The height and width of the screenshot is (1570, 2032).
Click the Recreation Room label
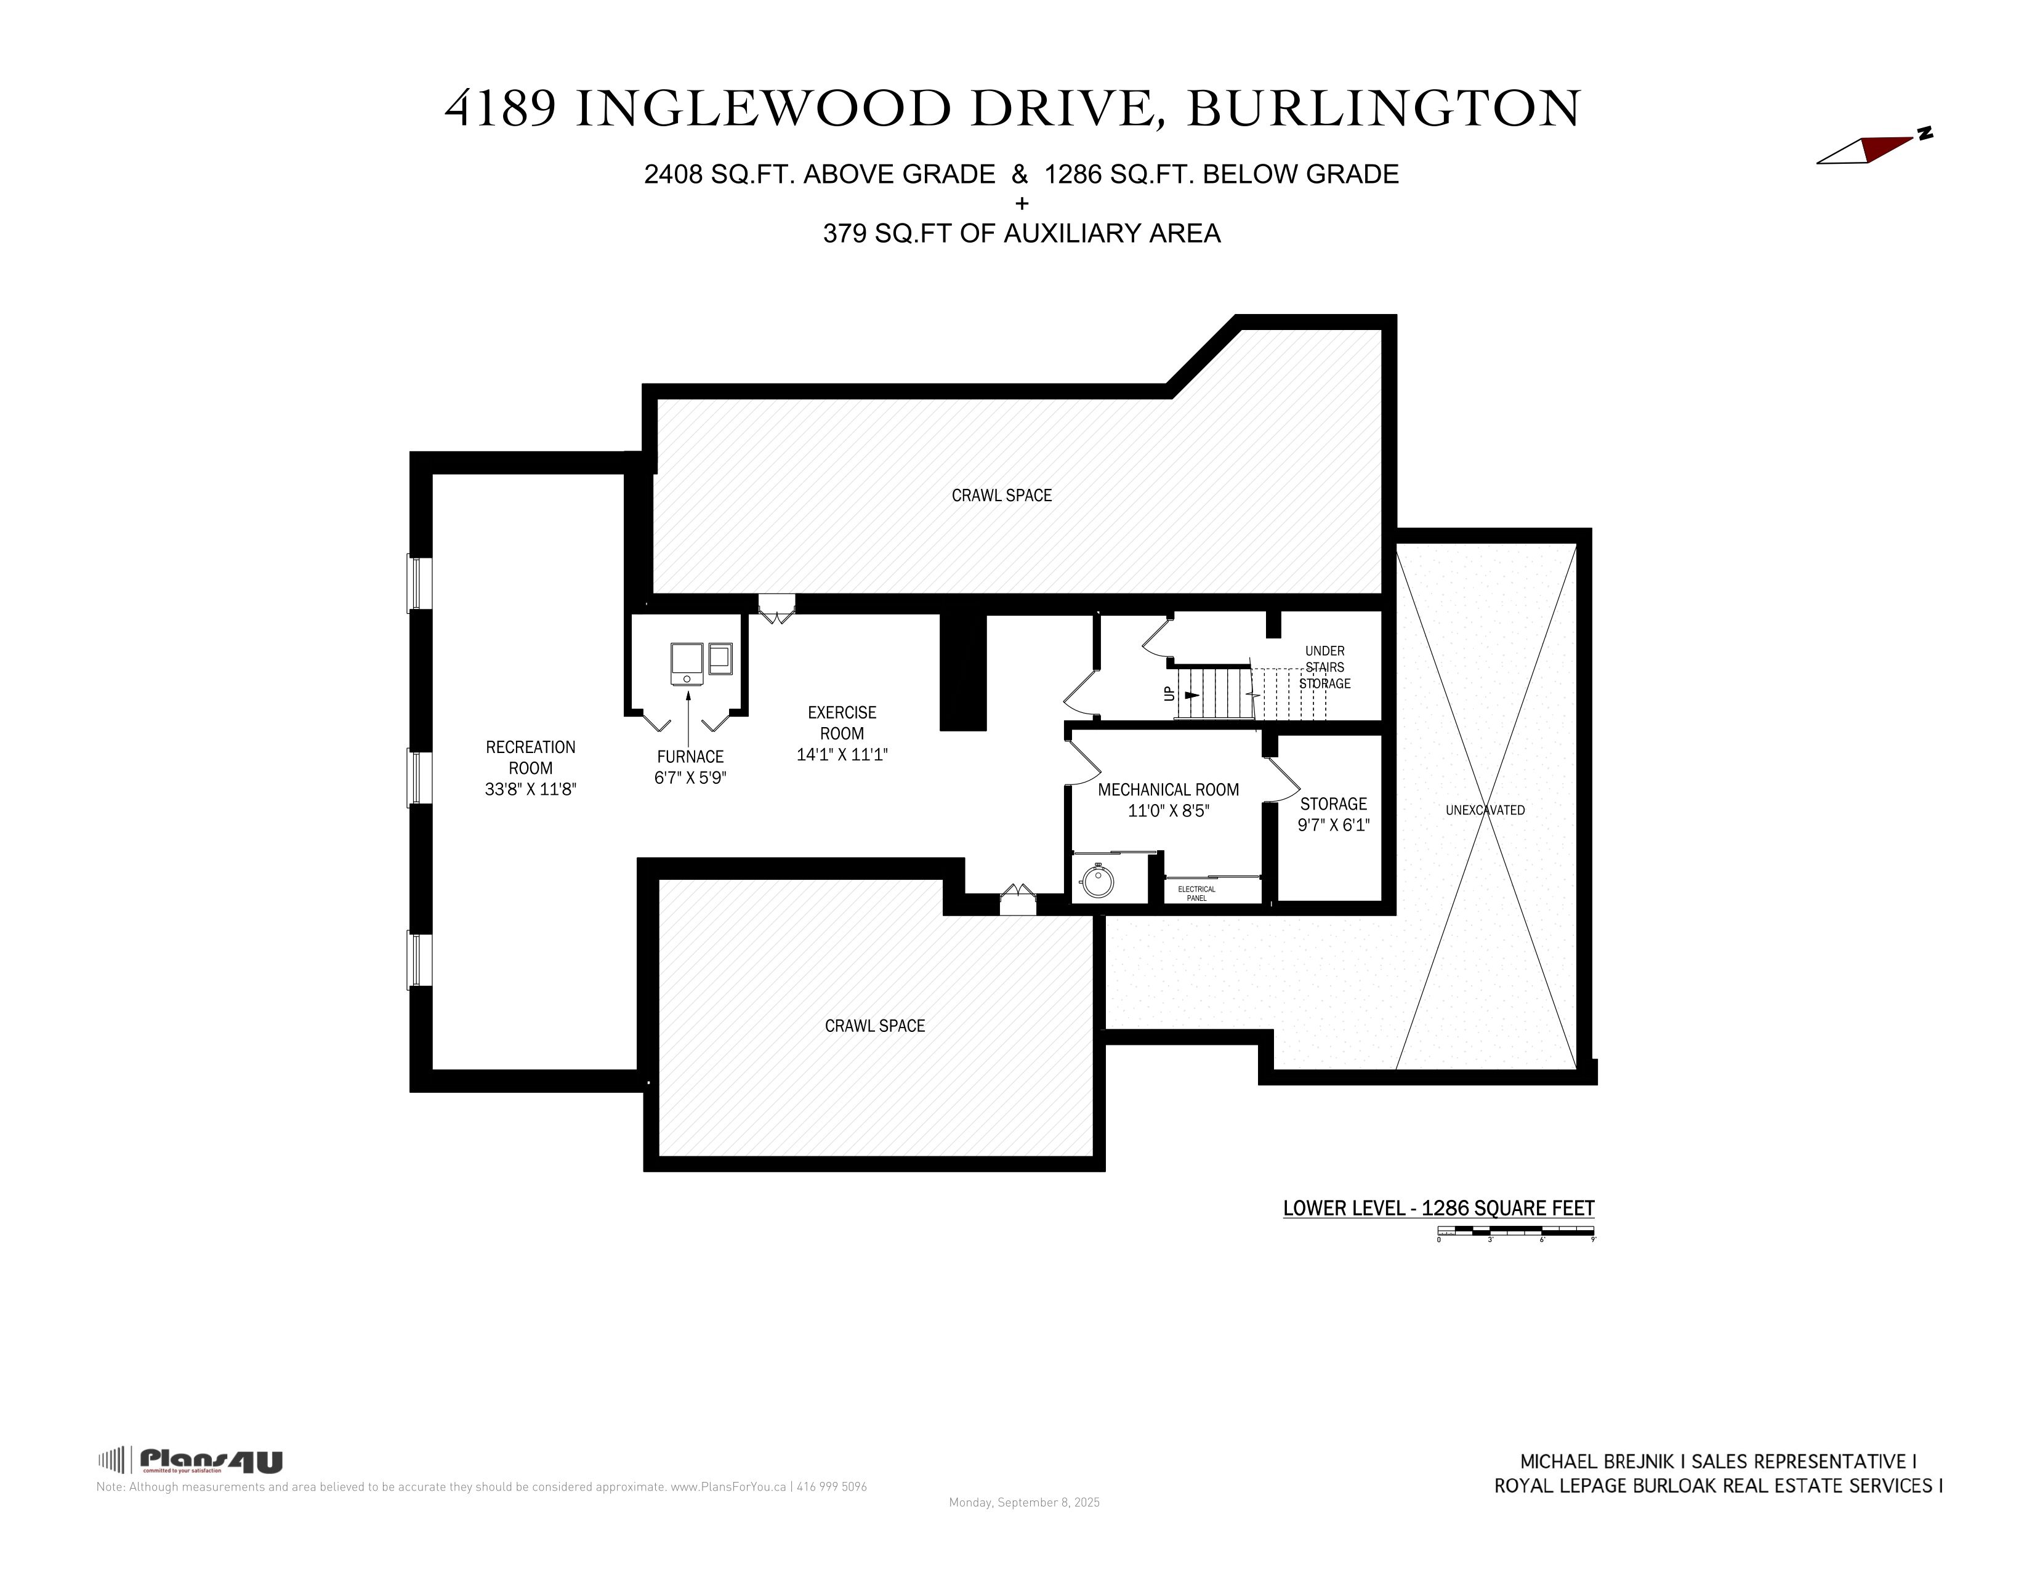[x=530, y=757]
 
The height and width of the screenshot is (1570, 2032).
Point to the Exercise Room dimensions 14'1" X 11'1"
[x=842, y=754]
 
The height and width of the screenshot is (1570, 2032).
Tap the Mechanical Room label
[x=1169, y=790]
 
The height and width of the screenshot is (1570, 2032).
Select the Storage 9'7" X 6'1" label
[x=1333, y=814]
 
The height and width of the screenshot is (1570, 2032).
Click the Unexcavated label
[x=1485, y=810]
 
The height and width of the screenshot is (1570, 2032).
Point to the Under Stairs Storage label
[x=1325, y=667]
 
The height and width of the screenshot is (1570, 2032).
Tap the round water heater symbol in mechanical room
[x=1098, y=880]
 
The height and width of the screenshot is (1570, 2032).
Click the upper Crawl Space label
[x=1001, y=496]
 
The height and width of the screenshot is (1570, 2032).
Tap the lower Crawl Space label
[x=874, y=1026]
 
